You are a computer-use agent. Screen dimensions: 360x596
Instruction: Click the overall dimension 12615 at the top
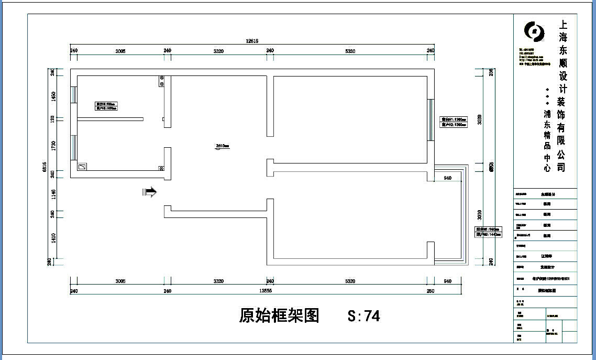252,41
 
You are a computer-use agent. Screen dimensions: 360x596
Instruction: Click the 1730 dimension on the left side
52,146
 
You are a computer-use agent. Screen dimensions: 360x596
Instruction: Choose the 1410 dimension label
52,239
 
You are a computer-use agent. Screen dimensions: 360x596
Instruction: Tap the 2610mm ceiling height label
223,146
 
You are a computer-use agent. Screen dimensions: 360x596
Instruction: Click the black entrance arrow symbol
150,192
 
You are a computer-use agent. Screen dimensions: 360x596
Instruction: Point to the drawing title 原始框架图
279,315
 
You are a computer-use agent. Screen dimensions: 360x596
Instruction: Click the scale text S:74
363,315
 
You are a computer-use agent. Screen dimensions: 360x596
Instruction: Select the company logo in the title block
535,31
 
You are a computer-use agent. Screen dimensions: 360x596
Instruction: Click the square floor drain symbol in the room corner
82,167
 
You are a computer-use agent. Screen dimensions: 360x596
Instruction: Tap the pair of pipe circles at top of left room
161,81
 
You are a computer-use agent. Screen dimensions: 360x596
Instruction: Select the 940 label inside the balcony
447,178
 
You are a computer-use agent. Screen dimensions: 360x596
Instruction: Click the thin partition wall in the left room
110,119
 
